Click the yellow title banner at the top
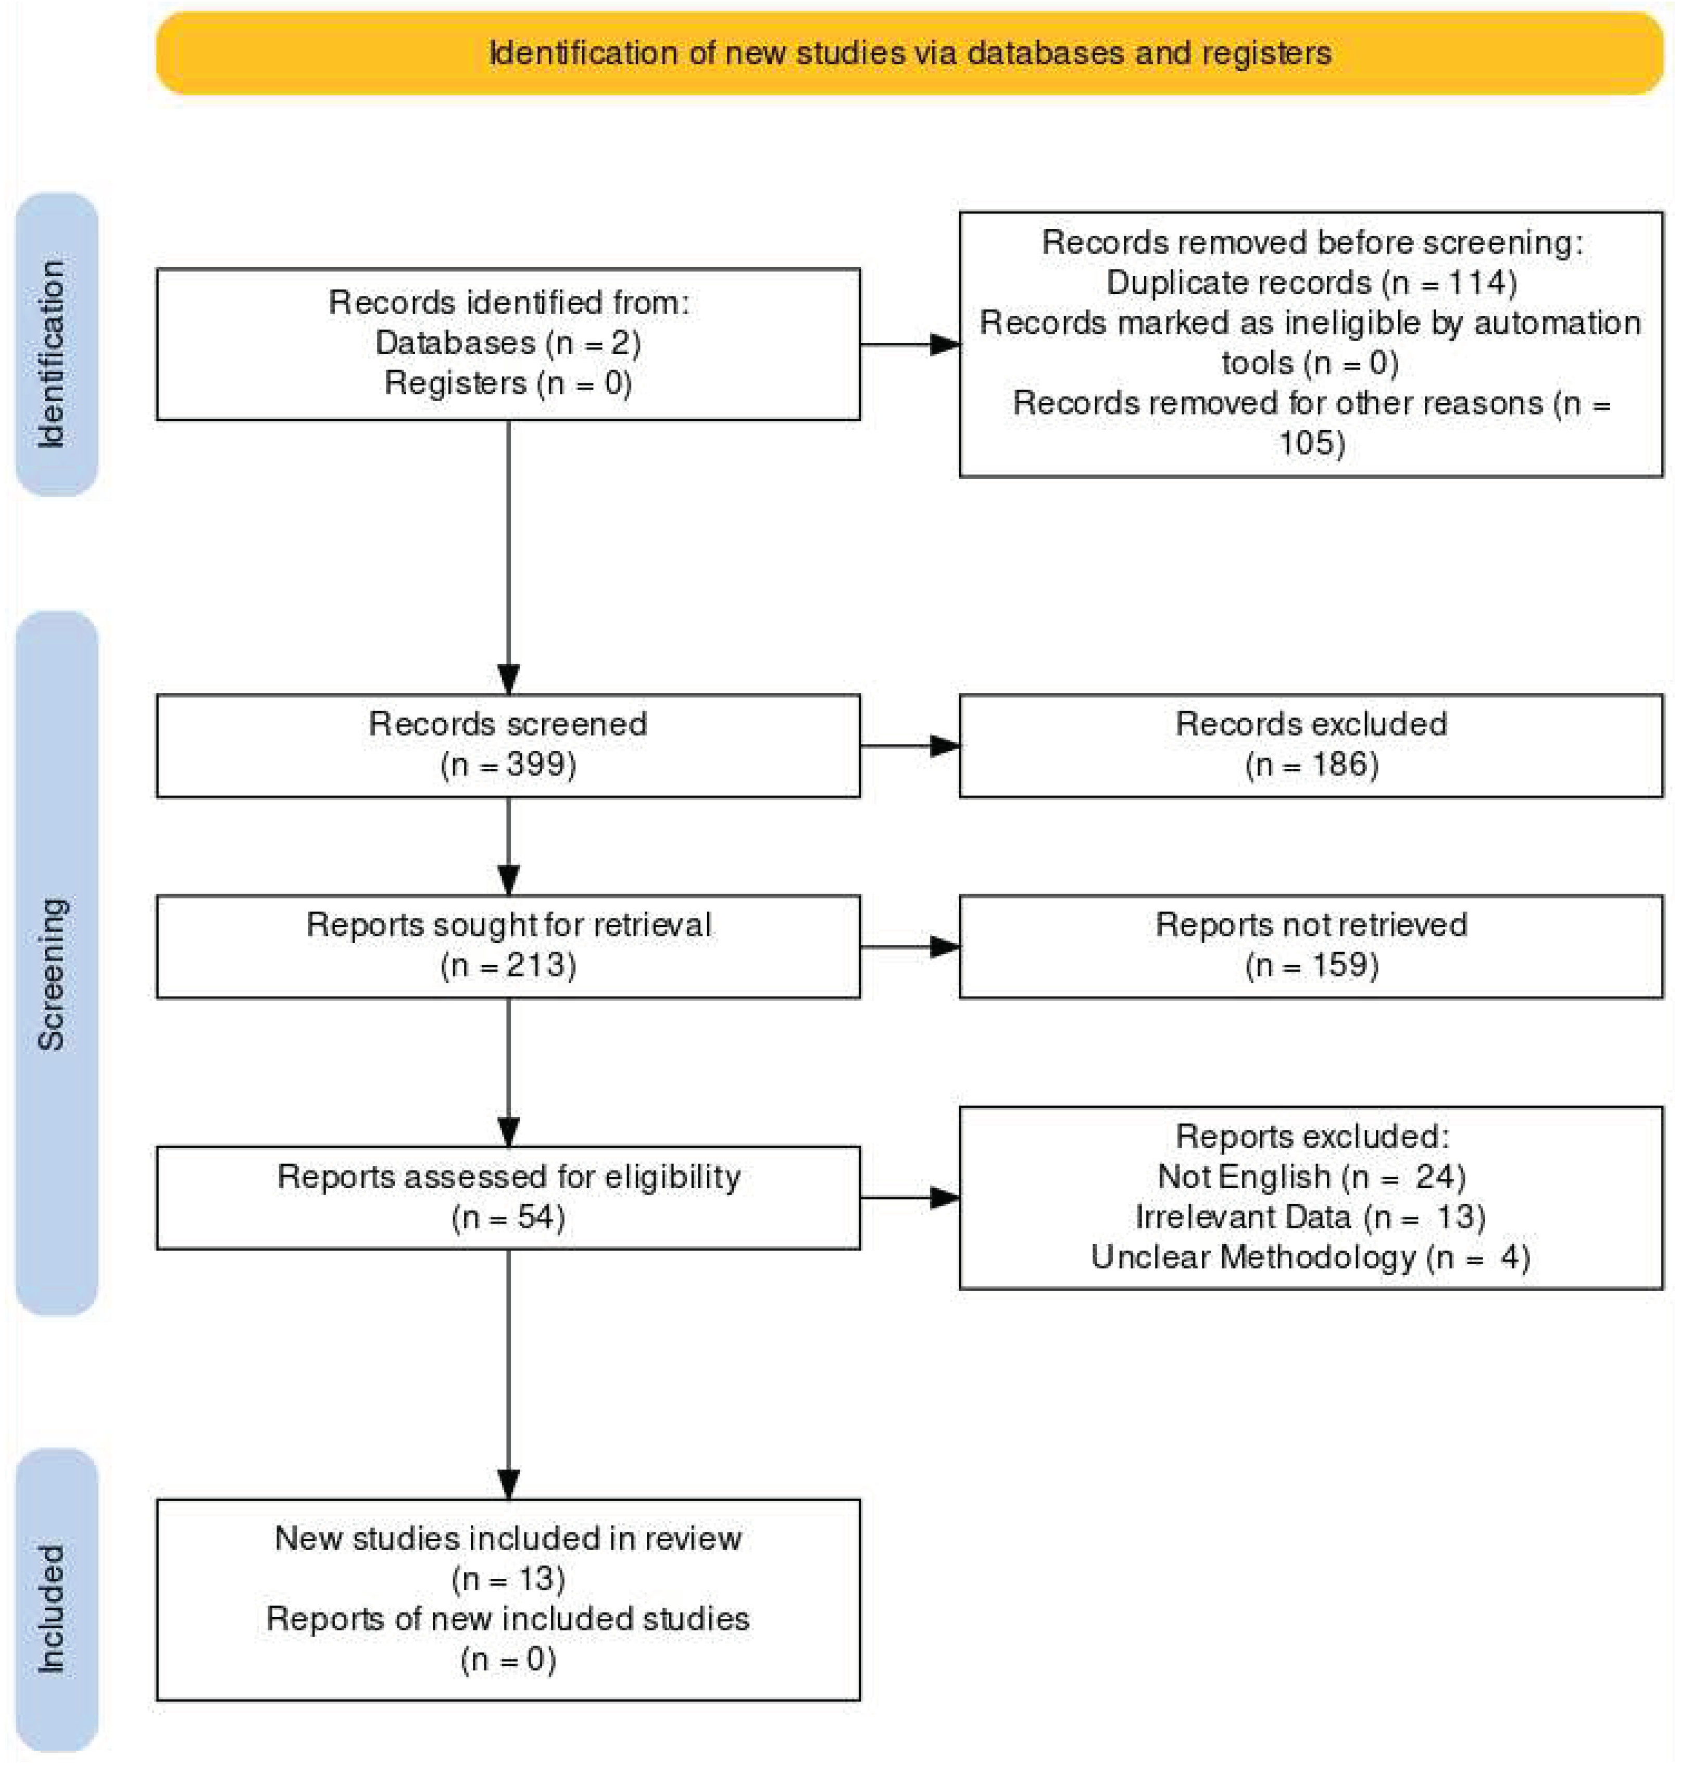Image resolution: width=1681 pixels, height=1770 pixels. [x=909, y=53]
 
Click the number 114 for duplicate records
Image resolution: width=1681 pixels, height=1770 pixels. [x=1475, y=282]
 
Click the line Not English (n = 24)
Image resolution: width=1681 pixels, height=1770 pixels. [x=1310, y=1176]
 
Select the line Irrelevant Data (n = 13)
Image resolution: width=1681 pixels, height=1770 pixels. [x=1310, y=1216]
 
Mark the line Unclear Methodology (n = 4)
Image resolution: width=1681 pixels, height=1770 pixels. [x=1310, y=1256]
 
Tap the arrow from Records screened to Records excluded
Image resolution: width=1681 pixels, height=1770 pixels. [x=909, y=745]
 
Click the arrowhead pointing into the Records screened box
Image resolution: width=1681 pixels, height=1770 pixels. [x=508, y=678]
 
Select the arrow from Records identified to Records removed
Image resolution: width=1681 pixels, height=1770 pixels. [x=909, y=344]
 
